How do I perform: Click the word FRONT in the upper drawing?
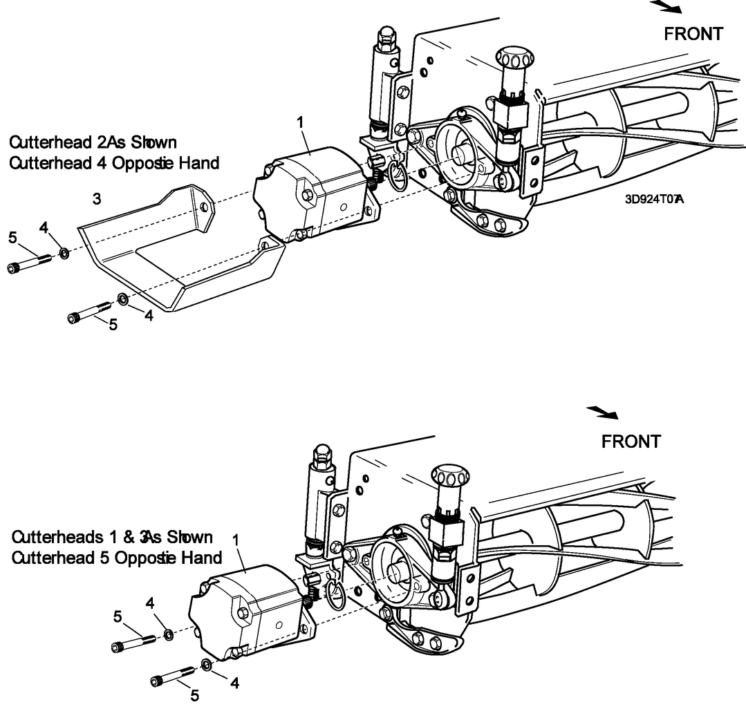[x=693, y=33]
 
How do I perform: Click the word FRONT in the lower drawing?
[x=631, y=441]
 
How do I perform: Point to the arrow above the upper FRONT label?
[x=667, y=7]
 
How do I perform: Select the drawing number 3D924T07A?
[x=653, y=200]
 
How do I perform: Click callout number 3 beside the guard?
[x=97, y=200]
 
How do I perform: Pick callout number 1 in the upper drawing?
[x=300, y=122]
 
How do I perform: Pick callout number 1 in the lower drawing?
[x=236, y=537]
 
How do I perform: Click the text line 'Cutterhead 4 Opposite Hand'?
[x=113, y=164]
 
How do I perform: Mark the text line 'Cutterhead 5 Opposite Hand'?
[x=117, y=557]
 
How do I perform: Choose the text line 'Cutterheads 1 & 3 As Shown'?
[x=112, y=537]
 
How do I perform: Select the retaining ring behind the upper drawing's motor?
[x=399, y=176]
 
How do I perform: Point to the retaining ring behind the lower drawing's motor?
[x=337, y=596]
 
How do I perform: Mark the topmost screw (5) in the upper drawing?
[x=28, y=263]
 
